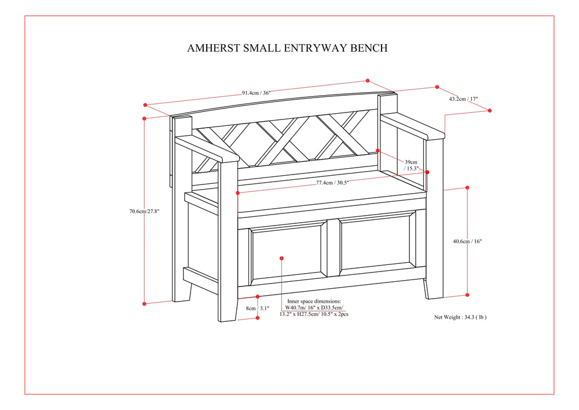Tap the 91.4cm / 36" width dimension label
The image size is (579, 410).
tap(256, 92)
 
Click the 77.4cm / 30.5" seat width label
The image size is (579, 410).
tap(332, 183)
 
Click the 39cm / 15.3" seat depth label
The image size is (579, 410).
tap(411, 165)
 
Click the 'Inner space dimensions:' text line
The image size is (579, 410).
tap(314, 302)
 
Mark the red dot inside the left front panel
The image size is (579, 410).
tap(281, 257)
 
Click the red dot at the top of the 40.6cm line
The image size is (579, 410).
tap(467, 188)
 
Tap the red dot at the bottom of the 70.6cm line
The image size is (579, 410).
tap(144, 303)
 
